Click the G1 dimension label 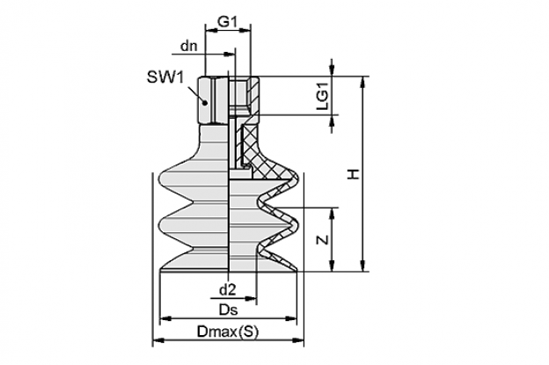point(228,22)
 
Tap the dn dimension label point(189,46)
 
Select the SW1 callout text point(165,77)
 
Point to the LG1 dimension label point(323,96)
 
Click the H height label point(354,174)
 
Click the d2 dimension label point(228,289)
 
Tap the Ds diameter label point(228,310)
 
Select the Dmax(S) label point(228,331)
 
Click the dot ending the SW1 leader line point(206,103)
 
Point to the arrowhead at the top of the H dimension point(362,81)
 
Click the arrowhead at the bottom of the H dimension point(362,266)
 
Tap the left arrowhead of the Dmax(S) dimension point(158,339)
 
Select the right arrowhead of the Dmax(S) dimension point(298,339)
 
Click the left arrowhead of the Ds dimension point(165,318)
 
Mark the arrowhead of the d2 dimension point(251,298)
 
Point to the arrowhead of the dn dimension point(230,55)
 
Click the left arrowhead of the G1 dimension point(211,31)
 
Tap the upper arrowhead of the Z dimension point(332,213)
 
